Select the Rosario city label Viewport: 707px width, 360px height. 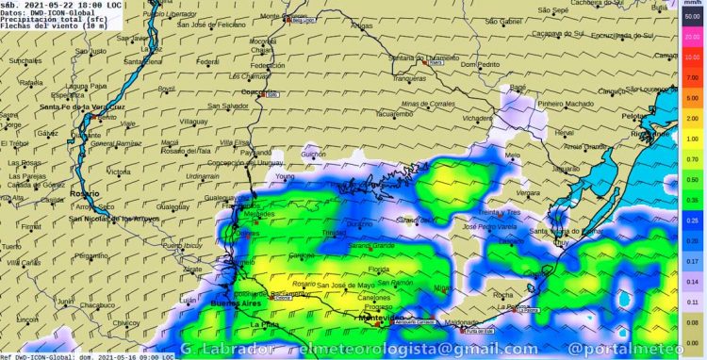[x=83, y=193]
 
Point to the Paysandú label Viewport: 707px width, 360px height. [x=255, y=152]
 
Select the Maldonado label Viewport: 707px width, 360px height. [x=462, y=321]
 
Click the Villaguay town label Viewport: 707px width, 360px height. [x=194, y=122]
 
